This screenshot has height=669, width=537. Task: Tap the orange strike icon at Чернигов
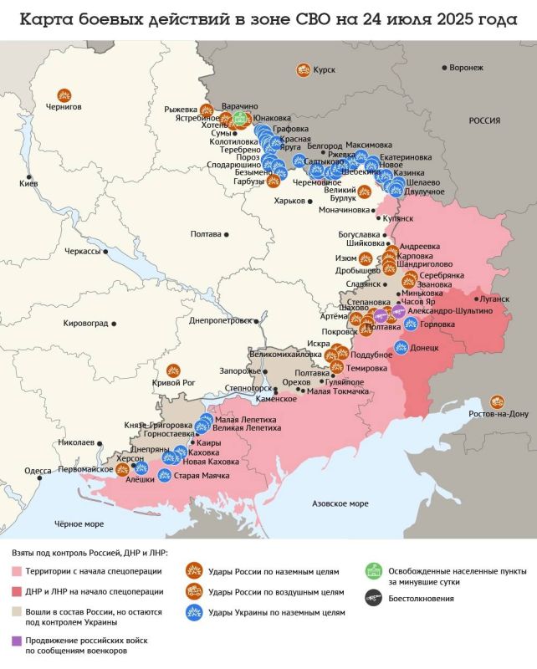pos(64,95)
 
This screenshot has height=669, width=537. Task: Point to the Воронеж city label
pos(466,67)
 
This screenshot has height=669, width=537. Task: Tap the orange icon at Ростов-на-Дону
pos(498,401)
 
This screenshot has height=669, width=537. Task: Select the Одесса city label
pos(38,471)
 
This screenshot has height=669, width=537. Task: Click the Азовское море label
pos(340,503)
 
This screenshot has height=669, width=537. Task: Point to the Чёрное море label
pos(79,523)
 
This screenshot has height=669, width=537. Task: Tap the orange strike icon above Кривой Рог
pos(175,370)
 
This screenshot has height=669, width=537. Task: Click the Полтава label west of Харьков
pos(207,234)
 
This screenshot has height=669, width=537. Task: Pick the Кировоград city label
pos(92,322)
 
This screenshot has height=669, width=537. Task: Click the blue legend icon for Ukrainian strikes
pos(194,613)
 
